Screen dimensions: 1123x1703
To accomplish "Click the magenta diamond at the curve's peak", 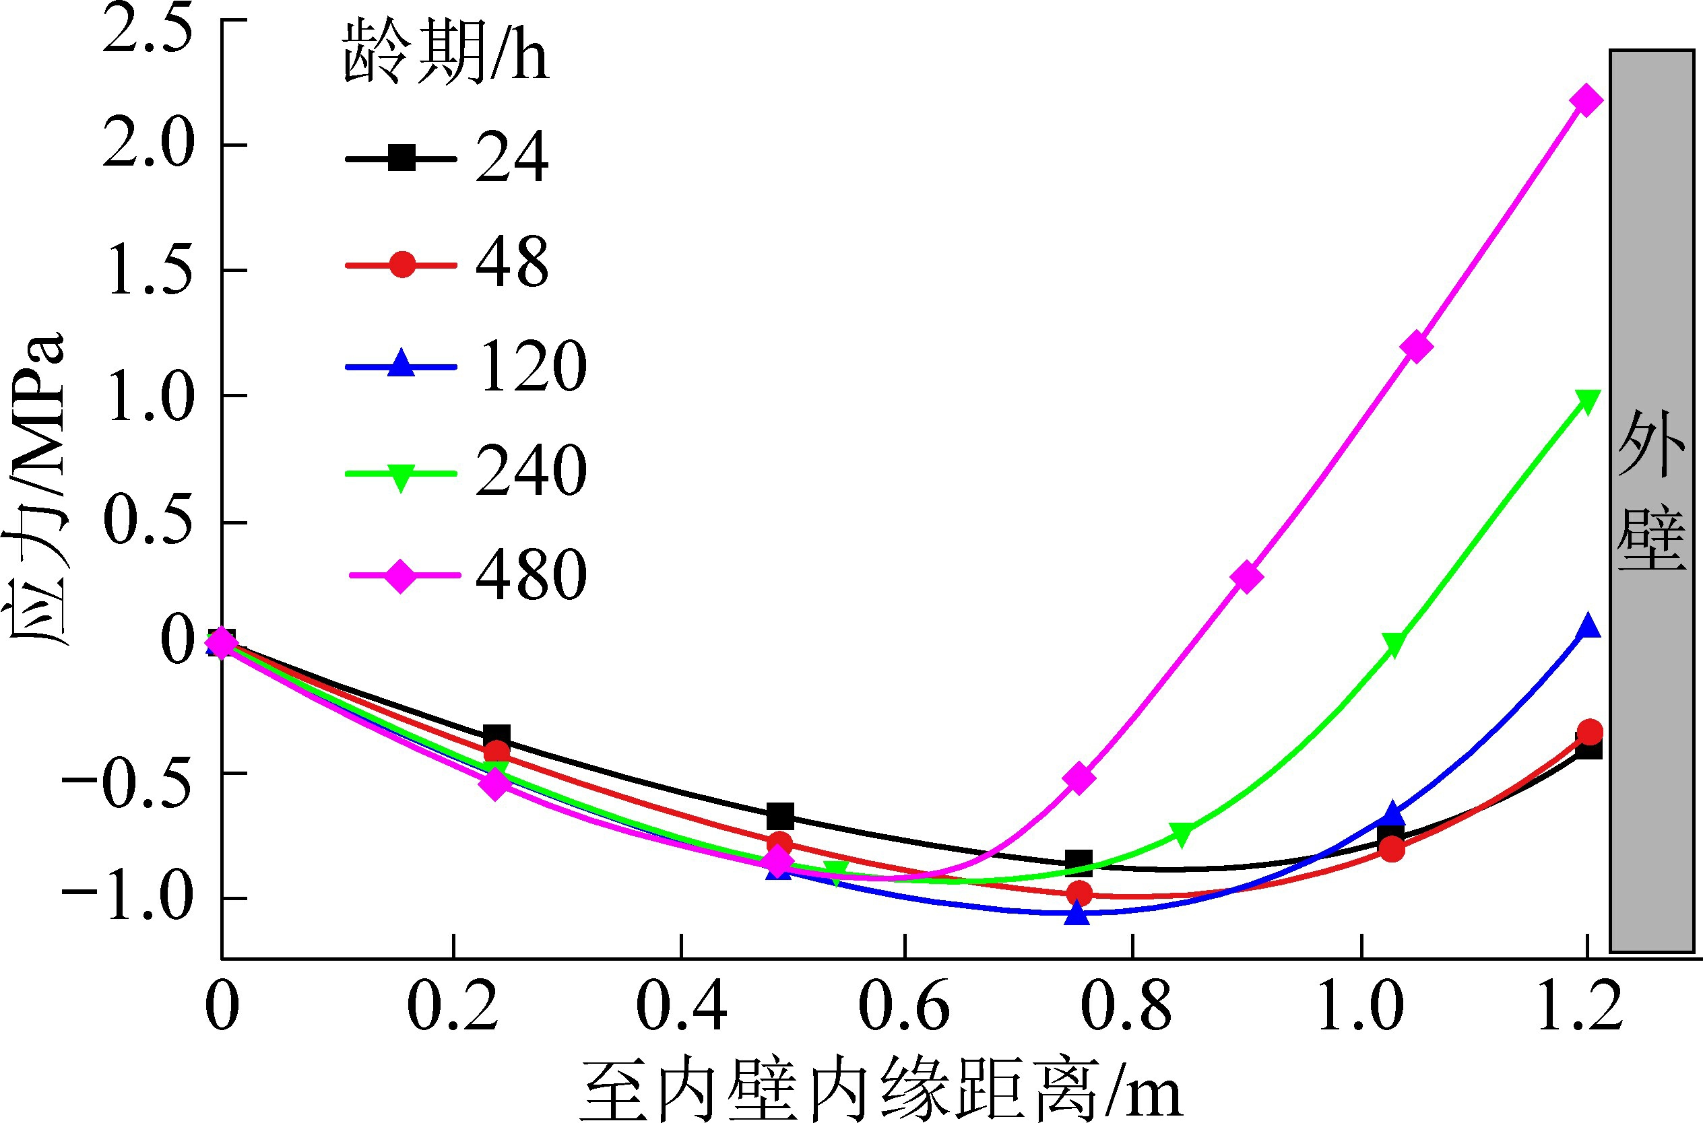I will click(1586, 100).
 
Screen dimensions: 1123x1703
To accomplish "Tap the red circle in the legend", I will click(402, 265).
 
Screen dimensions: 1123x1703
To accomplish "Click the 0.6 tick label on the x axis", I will click(904, 1007).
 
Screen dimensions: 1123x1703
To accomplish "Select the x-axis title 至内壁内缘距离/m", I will click(881, 1090).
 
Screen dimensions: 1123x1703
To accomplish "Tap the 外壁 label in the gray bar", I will click(1651, 490).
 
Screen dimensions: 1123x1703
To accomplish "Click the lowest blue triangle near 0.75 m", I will click(1077, 912).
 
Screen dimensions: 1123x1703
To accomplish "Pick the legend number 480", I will click(530, 575).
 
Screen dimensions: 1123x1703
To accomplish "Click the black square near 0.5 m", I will click(780, 815).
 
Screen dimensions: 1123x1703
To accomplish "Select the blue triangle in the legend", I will click(402, 364).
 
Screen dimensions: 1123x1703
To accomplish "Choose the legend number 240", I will click(530, 471).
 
